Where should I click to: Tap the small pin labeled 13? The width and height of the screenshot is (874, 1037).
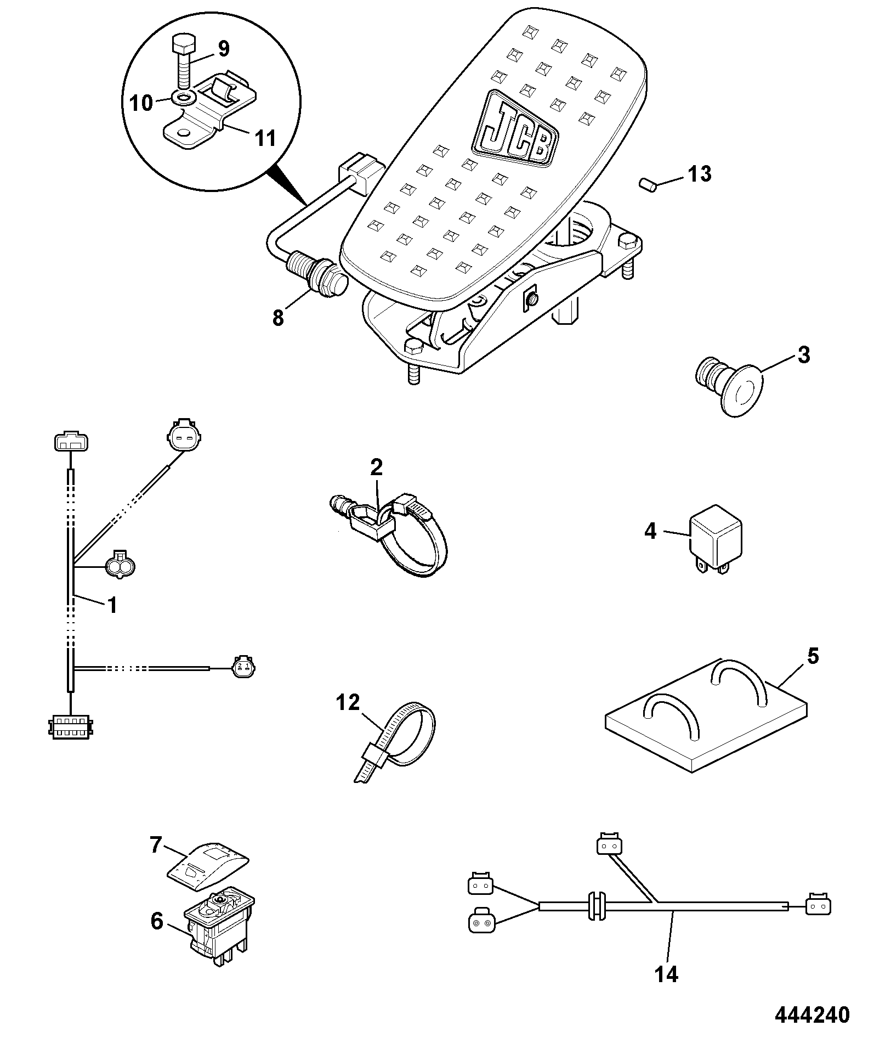[x=648, y=184]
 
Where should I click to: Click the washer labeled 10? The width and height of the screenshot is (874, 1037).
[x=183, y=98]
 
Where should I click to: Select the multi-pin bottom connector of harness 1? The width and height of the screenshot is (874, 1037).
[x=71, y=726]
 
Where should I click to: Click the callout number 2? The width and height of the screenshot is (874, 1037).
[x=376, y=467]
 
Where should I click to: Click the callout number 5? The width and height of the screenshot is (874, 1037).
[x=813, y=656]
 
